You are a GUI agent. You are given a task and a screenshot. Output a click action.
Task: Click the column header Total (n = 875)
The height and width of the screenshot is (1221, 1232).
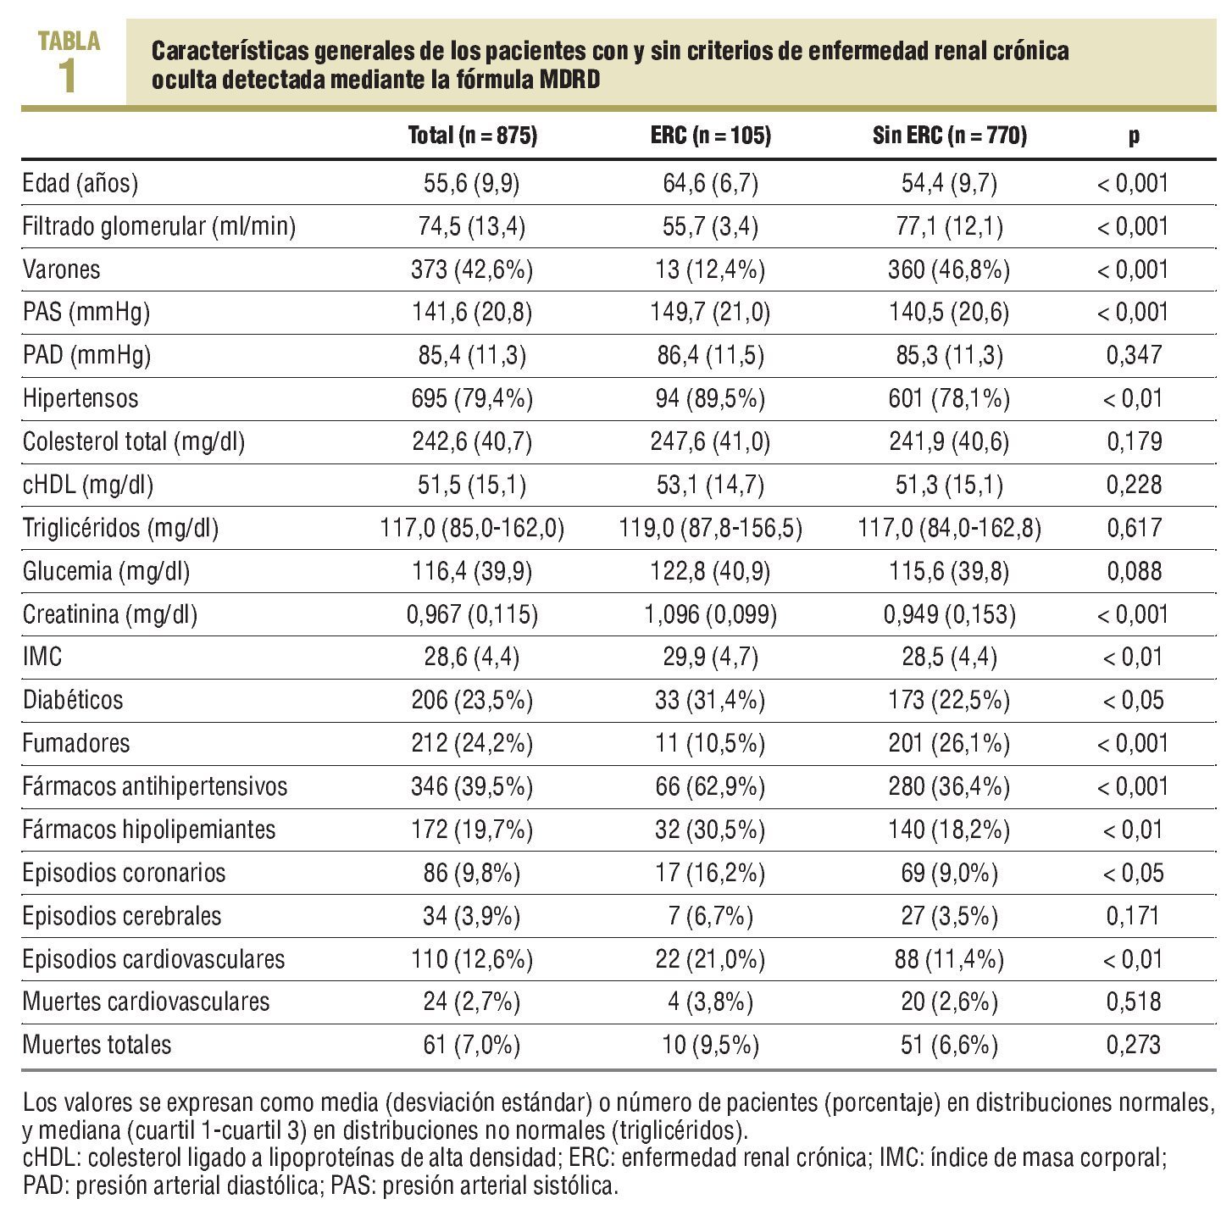(473, 136)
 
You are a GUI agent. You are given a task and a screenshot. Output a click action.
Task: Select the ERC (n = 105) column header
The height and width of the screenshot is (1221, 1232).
(711, 136)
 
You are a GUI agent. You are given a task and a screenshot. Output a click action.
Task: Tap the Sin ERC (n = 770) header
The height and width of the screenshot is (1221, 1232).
(950, 136)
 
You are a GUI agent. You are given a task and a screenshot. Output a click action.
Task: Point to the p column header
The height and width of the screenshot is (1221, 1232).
(1134, 136)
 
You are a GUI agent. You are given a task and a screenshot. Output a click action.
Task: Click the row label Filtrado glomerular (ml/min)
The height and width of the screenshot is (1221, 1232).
(159, 226)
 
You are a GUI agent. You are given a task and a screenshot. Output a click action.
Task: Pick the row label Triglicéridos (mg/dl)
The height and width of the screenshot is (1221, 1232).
(121, 528)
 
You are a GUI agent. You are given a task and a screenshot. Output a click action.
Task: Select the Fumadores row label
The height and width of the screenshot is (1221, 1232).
(76, 743)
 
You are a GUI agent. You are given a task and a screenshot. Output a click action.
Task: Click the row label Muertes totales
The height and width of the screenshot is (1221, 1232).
(97, 1045)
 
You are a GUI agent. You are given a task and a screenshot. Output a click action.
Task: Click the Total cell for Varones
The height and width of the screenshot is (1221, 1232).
(473, 269)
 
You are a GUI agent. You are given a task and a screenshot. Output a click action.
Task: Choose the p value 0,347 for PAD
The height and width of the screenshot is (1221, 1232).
(1134, 355)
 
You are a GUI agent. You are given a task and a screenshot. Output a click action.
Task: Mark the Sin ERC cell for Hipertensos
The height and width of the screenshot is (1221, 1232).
(950, 398)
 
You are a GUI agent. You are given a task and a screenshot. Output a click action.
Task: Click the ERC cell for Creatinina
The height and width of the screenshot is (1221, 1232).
(711, 614)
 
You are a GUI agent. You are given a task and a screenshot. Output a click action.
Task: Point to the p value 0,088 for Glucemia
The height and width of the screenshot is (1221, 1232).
(1134, 571)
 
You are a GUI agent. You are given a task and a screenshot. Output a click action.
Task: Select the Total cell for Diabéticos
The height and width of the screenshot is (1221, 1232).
(473, 700)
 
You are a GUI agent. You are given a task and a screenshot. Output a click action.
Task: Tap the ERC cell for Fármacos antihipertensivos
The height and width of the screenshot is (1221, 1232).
(711, 786)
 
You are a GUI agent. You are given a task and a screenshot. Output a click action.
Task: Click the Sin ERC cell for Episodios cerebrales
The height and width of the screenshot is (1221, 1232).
(950, 916)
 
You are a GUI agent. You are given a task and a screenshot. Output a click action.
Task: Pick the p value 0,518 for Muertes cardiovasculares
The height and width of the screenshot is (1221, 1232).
(1134, 1002)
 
